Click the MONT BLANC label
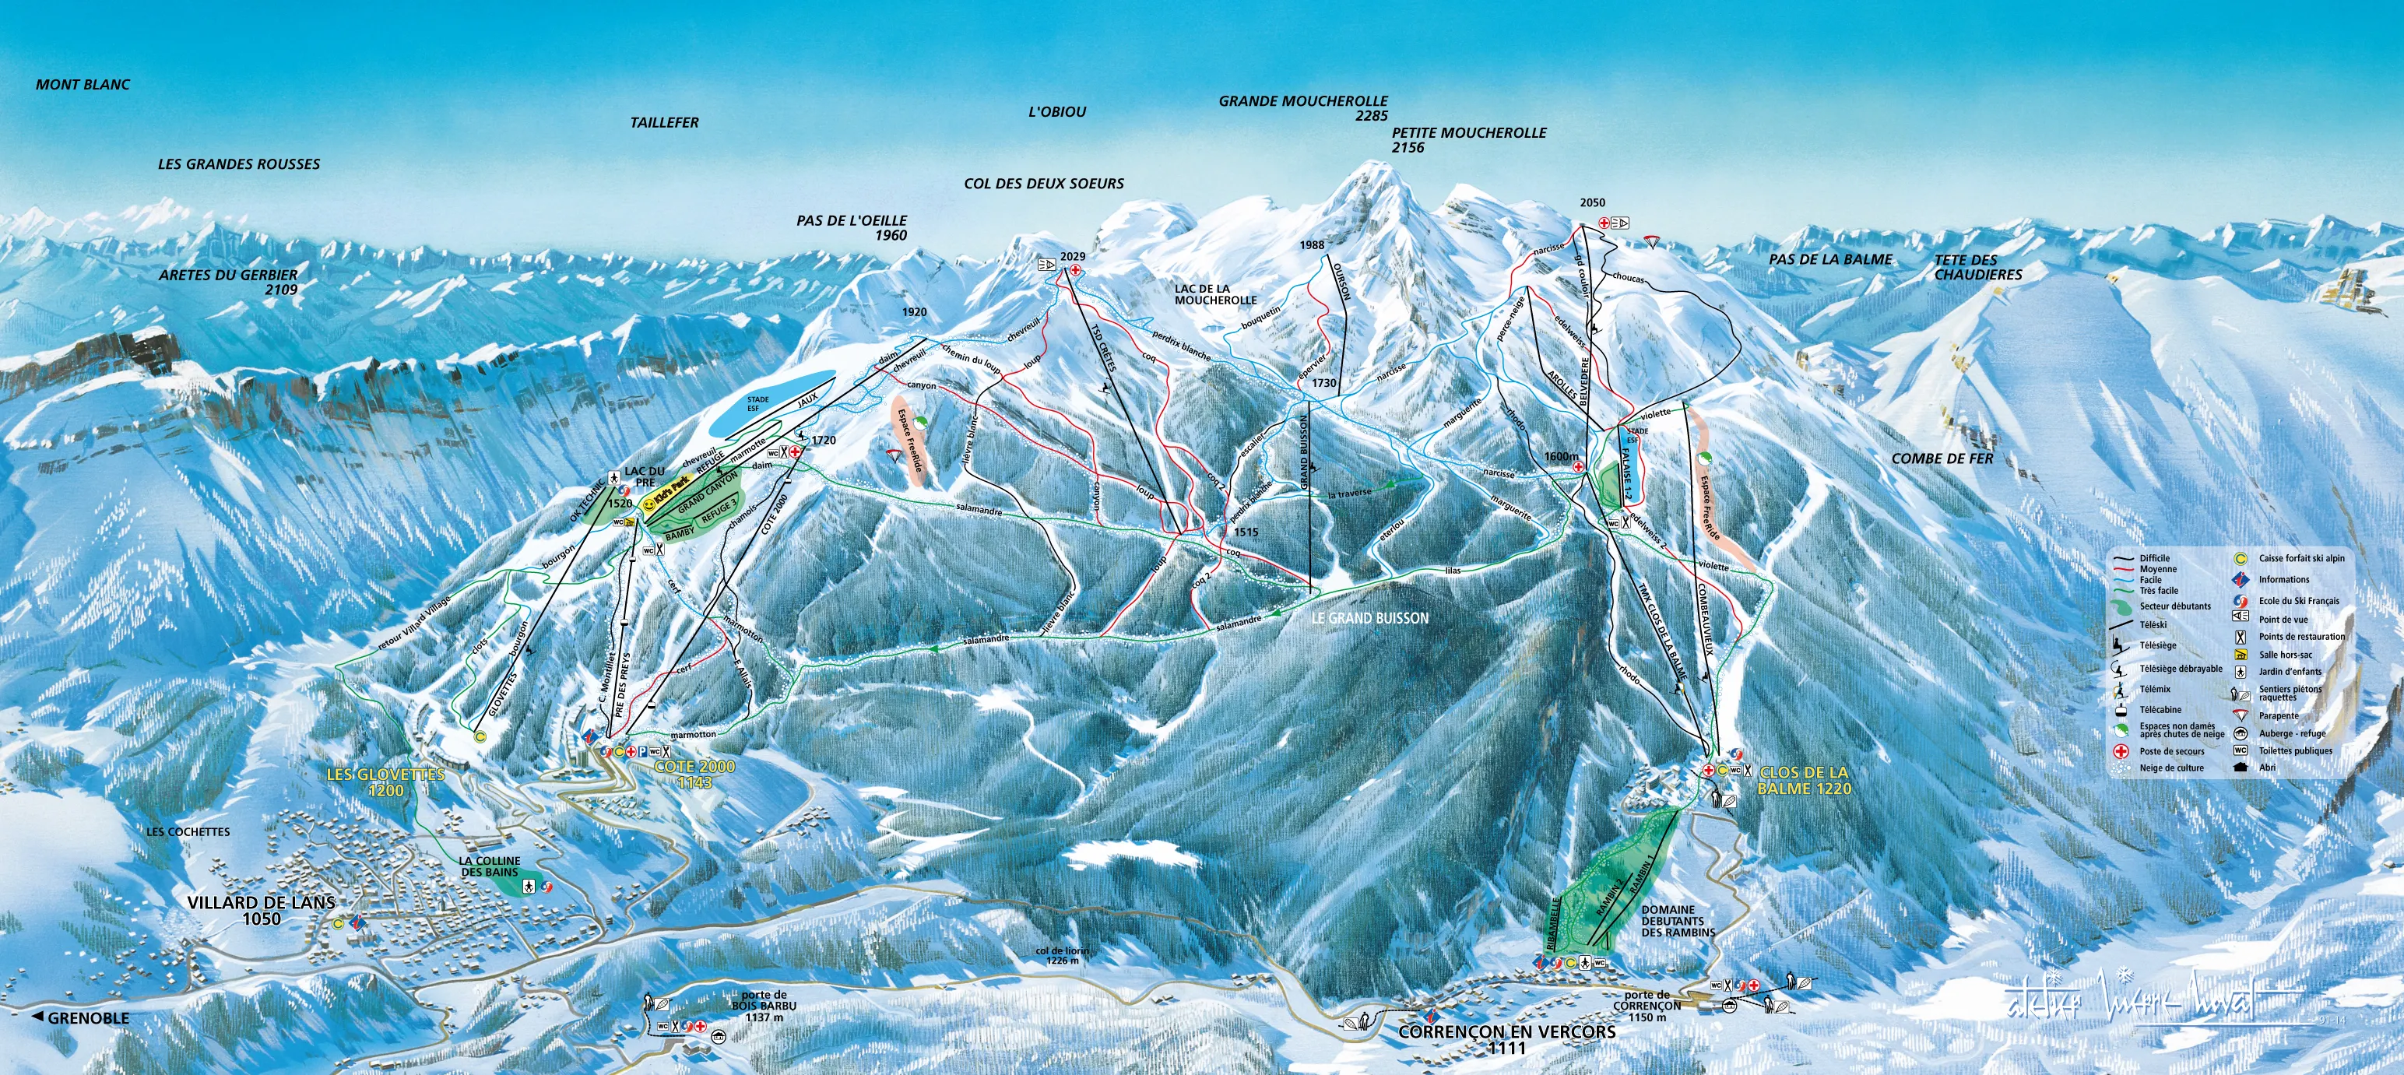83,85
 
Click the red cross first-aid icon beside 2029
1075,269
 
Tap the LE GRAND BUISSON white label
1370,618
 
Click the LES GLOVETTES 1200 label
385,782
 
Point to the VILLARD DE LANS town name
262,903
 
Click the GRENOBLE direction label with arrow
81,1018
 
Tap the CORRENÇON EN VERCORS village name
1506,1032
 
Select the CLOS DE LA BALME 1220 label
1803,780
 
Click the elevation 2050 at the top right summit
1592,203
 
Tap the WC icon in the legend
2240,750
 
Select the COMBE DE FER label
1942,459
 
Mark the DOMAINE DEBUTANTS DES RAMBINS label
1678,920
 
